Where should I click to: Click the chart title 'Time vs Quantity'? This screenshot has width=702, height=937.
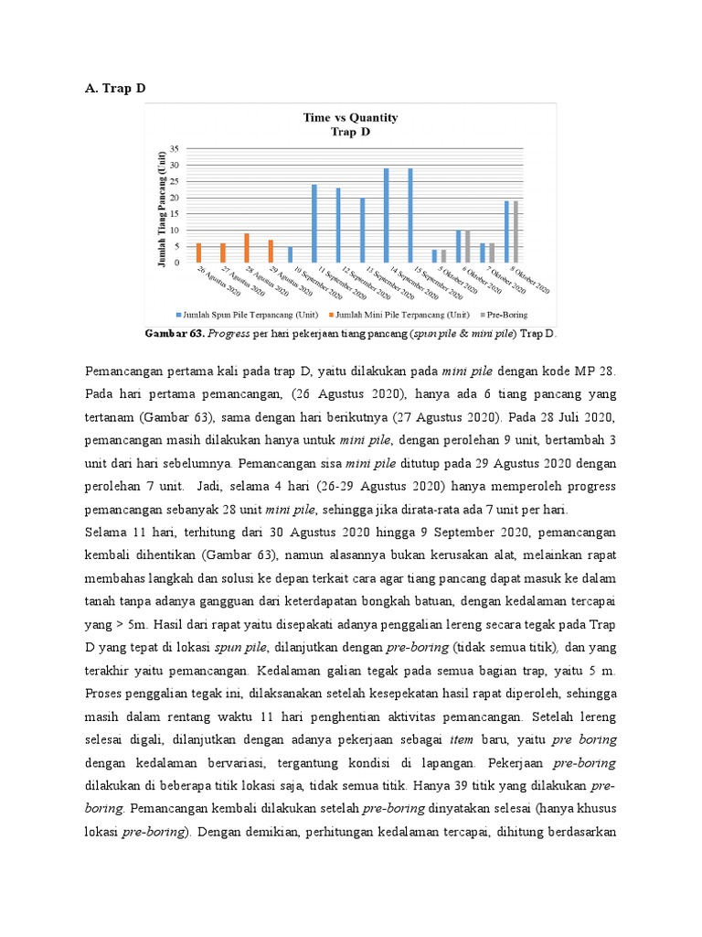pyautogui.click(x=350, y=117)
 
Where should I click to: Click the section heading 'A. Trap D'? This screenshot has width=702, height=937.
pyautogui.click(x=114, y=88)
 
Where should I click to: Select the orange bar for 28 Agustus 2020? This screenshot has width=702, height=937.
pyautogui.click(x=247, y=248)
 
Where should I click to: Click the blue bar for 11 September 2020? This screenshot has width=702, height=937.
pyautogui.click(x=314, y=224)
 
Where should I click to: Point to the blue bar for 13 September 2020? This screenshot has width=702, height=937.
pyautogui.click(x=362, y=231)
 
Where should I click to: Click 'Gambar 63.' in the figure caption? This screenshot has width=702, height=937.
pyautogui.click(x=174, y=334)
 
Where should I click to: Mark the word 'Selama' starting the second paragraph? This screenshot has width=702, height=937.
pyautogui.click(x=105, y=532)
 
